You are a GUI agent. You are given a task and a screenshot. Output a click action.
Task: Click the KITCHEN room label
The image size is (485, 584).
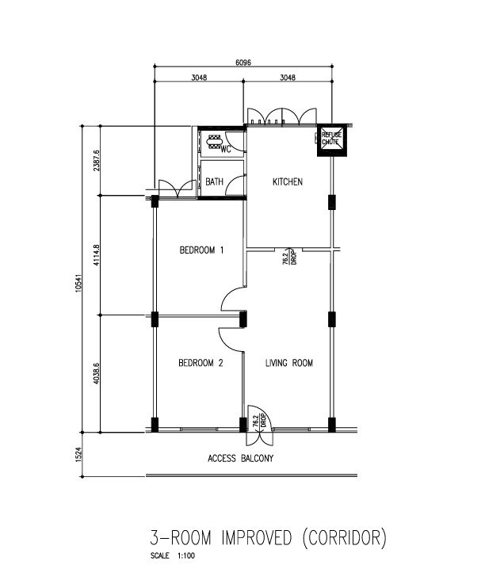click(x=288, y=181)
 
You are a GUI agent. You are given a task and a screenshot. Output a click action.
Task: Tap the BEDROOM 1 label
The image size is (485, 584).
click(x=201, y=250)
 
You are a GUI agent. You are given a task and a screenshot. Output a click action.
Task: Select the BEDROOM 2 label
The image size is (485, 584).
click(x=200, y=363)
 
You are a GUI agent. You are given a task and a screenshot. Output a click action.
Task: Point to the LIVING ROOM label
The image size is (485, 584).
click(x=289, y=363)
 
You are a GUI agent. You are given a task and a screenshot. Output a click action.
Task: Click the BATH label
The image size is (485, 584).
click(x=214, y=181)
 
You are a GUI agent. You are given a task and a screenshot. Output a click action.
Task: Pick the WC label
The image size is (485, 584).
click(x=226, y=150)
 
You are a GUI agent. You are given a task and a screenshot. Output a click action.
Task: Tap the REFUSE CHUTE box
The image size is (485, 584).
click(x=332, y=140)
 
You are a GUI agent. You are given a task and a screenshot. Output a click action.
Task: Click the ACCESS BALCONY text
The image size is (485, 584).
click(x=240, y=458)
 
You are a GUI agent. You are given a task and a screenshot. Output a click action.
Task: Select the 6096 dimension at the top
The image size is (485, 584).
click(x=242, y=63)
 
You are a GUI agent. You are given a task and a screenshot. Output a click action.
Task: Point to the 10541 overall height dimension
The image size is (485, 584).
click(x=78, y=283)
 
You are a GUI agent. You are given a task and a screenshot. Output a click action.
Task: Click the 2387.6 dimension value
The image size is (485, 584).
click(x=97, y=160)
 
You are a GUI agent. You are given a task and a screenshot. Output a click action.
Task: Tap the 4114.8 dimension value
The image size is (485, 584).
click(x=97, y=254)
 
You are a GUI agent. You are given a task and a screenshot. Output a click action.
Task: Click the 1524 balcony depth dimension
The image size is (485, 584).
click(x=78, y=454)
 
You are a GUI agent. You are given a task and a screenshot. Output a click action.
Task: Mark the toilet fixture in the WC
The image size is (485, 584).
click(x=214, y=142)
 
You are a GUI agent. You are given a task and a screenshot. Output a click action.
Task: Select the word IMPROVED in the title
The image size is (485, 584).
click(x=256, y=538)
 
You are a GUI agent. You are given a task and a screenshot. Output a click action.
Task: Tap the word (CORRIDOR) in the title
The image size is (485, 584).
click(x=344, y=538)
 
